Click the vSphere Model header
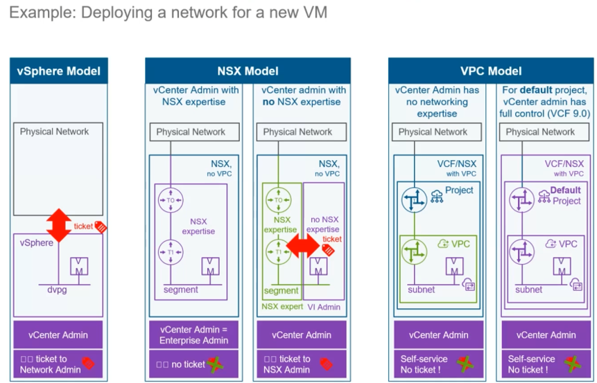(59, 71)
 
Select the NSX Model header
(248, 71)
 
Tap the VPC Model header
(490, 71)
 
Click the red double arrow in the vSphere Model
(59, 225)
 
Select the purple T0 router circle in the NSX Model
(170, 199)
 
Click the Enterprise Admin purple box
(194, 335)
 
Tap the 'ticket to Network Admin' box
(59, 364)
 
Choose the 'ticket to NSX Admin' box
(301, 364)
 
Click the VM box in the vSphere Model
(79, 265)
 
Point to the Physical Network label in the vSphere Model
(54, 132)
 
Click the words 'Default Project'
(566, 195)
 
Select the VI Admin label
(324, 306)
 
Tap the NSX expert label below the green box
(282, 306)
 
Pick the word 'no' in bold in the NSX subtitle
(269, 102)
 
